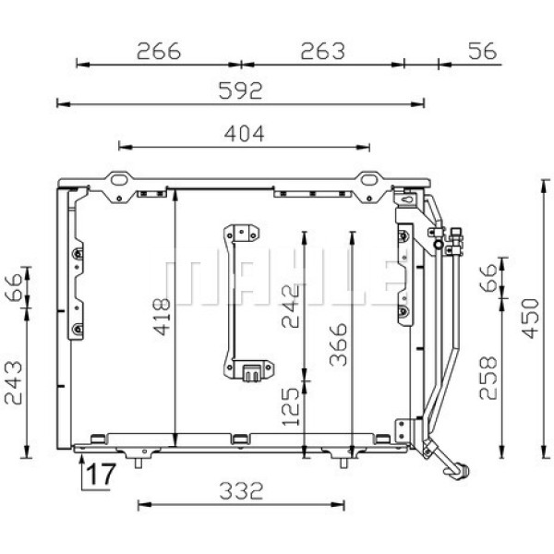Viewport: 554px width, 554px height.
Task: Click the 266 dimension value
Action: pos(158,52)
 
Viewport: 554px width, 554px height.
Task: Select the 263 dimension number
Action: pos(322,52)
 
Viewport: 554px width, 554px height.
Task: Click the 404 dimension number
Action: pos(244,133)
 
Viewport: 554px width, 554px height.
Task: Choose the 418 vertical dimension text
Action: pos(160,317)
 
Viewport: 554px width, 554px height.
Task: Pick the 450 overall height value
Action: pos(527,318)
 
